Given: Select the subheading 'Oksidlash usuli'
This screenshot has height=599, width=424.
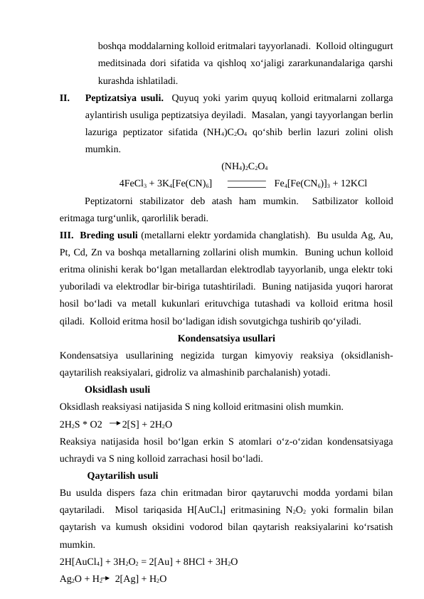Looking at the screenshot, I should tap(117, 390).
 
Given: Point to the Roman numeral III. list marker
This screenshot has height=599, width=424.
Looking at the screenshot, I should tap(69, 235).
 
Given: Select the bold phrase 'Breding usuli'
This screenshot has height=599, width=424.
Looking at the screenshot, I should tap(110, 235).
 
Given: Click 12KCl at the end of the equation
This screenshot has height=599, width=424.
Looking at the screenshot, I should tap(354, 183).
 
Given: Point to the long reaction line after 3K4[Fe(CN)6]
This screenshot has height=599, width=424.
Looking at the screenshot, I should tap(246, 183).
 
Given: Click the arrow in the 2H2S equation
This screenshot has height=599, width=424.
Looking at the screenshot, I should tap(115, 424).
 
